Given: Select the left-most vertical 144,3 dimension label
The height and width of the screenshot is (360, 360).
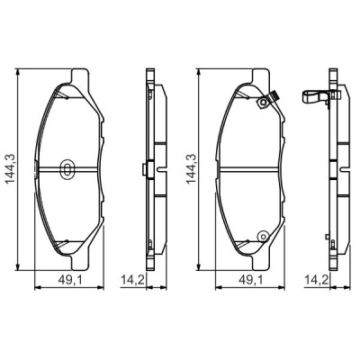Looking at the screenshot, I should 11,168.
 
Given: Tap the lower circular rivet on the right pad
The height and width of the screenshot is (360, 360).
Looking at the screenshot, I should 262,237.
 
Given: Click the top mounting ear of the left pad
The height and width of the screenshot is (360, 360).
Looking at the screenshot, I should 81,74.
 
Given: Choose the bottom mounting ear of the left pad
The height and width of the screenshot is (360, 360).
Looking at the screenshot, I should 81,263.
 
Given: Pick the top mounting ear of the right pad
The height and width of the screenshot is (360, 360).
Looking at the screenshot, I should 262,74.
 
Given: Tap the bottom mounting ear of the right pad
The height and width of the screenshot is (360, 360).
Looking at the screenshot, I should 262,263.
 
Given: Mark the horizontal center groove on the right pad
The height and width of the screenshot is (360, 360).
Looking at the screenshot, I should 243,169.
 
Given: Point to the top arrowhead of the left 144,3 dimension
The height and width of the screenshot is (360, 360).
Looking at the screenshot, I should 22,72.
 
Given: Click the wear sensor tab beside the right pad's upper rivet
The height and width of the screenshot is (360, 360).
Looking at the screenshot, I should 277,99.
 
